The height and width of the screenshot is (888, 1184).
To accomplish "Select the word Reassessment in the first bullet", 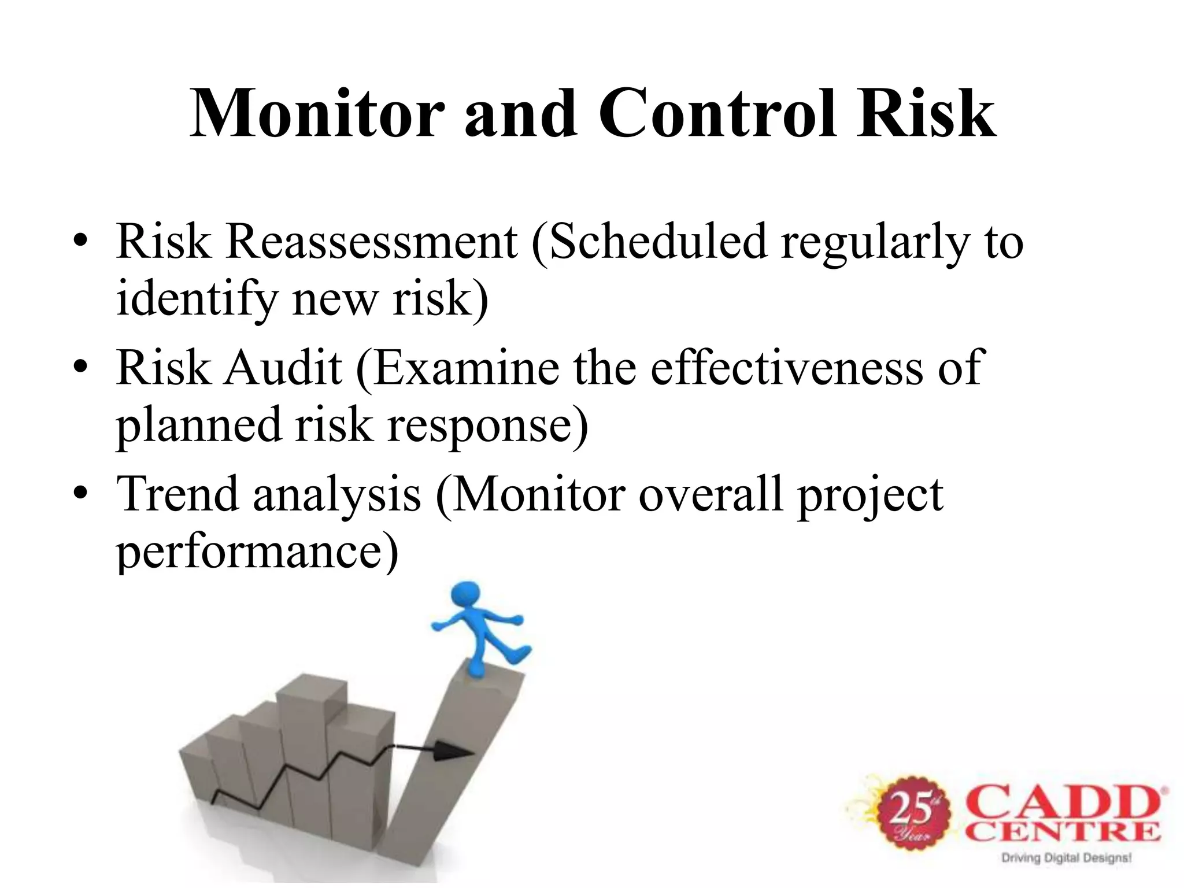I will coord(372,242).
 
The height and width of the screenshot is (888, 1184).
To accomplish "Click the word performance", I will coord(257,552).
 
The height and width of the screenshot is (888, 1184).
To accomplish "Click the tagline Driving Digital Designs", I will coord(1065,857).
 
